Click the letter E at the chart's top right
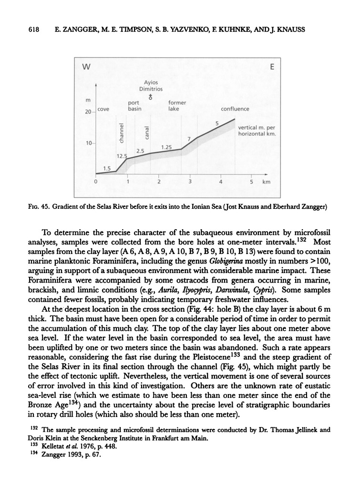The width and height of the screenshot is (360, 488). (272, 67)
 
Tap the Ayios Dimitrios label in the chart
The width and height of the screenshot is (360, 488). (151, 85)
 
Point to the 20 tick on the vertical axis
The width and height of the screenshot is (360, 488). (88, 112)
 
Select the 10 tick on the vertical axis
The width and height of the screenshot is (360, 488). (88, 143)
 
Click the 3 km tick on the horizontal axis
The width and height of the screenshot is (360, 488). (190, 182)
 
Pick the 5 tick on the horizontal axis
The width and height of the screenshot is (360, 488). (251, 182)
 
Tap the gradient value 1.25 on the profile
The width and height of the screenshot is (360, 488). (167, 147)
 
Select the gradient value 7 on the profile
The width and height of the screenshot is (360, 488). (189, 139)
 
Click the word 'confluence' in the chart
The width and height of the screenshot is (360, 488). (235, 109)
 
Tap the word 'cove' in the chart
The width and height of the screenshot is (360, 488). (103, 109)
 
